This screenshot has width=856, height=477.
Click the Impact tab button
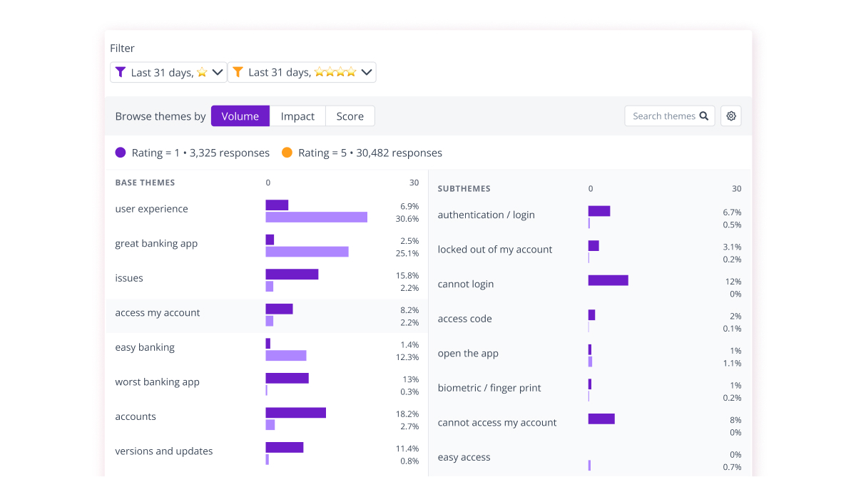point(297,116)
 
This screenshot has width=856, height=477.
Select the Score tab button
point(350,116)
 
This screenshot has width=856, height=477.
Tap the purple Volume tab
point(240,116)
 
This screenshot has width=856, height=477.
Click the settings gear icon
point(730,116)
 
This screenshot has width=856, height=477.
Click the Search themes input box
point(663,116)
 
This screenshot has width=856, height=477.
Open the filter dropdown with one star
point(168,72)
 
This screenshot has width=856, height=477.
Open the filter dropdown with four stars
point(302,72)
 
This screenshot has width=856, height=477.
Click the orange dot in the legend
point(287,153)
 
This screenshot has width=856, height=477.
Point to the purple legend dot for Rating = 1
point(121,153)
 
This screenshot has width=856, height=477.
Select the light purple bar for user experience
point(316,217)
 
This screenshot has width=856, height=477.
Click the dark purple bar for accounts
point(295,413)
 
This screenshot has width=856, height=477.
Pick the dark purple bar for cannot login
point(608,280)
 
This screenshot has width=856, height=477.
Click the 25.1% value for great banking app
point(408,253)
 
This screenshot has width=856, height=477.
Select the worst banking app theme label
point(157,382)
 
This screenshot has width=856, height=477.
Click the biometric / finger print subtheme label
point(489,388)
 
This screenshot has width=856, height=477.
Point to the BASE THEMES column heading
point(145,183)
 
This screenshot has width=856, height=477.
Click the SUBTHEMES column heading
point(464,189)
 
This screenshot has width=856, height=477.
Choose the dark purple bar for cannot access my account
point(601,419)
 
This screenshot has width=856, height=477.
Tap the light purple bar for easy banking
point(285,355)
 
